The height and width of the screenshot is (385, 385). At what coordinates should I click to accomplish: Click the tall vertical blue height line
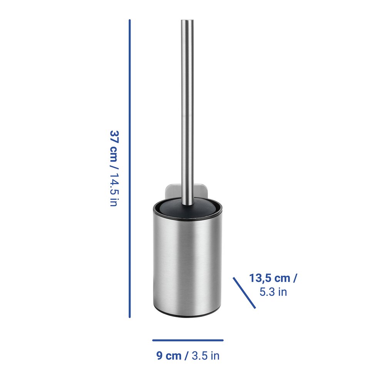pyautogui.click(x=130, y=169)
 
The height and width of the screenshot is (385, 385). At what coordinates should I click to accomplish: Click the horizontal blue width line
pyautogui.click(x=188, y=340)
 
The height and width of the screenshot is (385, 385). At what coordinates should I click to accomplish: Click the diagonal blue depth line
pyautogui.click(x=244, y=293)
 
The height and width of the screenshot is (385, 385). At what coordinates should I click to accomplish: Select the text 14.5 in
pyautogui.click(x=114, y=189)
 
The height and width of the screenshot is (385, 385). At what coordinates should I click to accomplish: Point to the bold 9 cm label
pyautogui.click(x=169, y=355)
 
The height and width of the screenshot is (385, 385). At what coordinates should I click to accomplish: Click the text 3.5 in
pyautogui.click(x=206, y=355)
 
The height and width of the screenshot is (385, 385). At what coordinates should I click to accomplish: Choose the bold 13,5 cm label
pyautogui.click(x=270, y=278)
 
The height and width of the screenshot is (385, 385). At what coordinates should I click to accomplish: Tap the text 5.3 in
pyautogui.click(x=273, y=292)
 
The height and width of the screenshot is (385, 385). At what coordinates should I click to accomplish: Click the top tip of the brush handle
pyautogui.click(x=187, y=20)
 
